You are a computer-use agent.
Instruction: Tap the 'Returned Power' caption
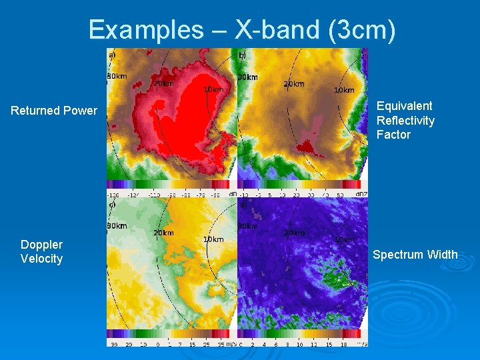(x=54, y=111)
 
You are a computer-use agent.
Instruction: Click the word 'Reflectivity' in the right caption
(x=405, y=121)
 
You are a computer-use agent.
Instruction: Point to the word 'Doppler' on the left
(x=41, y=245)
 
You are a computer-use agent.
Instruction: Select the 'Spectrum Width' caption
(x=415, y=255)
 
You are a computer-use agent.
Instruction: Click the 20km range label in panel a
(x=163, y=84)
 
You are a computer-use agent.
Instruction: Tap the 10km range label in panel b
(x=344, y=90)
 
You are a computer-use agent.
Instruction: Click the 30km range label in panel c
(x=117, y=226)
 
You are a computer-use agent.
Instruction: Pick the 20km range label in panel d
(x=294, y=233)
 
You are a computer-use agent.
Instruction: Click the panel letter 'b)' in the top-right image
(x=243, y=55)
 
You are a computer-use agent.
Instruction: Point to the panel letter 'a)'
(x=112, y=54)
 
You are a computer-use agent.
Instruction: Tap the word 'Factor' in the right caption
(x=393, y=135)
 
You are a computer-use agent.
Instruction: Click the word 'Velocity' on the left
(x=41, y=259)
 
